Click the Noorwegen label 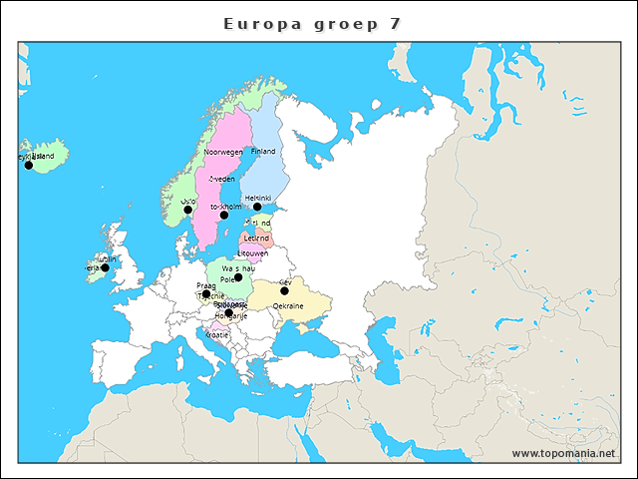pos(223,152)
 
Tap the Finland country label pos(263,152)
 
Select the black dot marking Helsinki pos(257,208)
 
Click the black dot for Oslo pos(187,210)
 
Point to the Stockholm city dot pos(224,216)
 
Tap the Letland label pos(256,239)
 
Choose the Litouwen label pos(252,254)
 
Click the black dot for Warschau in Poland pos(238,277)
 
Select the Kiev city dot pos(284,291)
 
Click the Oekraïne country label pos(287,306)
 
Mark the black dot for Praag pos(206,294)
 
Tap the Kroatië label pos(217,335)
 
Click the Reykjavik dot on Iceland pos(29,165)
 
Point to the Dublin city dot pos(105,267)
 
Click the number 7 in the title pos(396,24)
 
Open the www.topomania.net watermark pos(563,454)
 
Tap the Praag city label pos(206,285)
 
